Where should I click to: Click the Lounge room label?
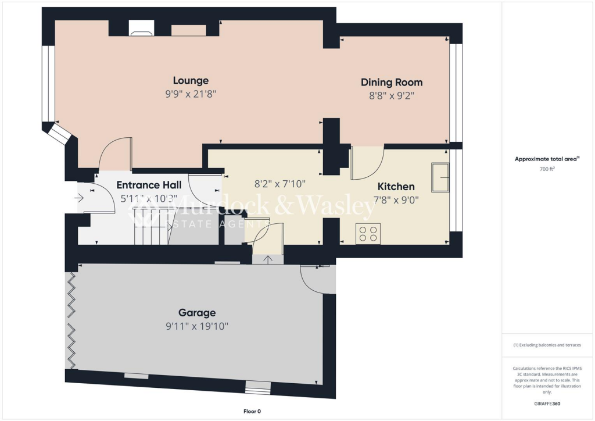[x=191, y=80]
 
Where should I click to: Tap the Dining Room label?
[x=391, y=82]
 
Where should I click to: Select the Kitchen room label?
[x=396, y=187]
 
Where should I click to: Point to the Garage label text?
[x=197, y=313]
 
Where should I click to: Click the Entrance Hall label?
[x=149, y=185]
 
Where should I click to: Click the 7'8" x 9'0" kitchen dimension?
[x=396, y=199]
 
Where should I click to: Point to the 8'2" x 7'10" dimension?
[x=280, y=184]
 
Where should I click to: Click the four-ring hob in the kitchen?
[x=368, y=233]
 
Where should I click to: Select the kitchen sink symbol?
[x=439, y=177]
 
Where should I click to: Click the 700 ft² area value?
[x=547, y=169]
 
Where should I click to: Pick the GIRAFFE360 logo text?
[x=547, y=403]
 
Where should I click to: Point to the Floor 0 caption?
[x=252, y=411]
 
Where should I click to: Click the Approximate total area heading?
[x=546, y=159]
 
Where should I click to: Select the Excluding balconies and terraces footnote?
[x=547, y=345]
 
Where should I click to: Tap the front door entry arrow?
[x=79, y=198]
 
